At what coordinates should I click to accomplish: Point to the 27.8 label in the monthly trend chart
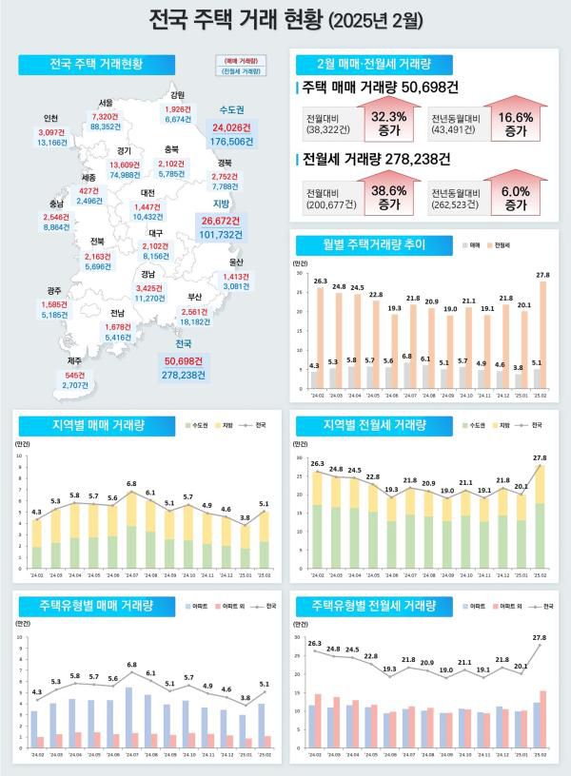[x=542, y=276]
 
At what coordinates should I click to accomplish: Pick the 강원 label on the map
[x=178, y=95]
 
